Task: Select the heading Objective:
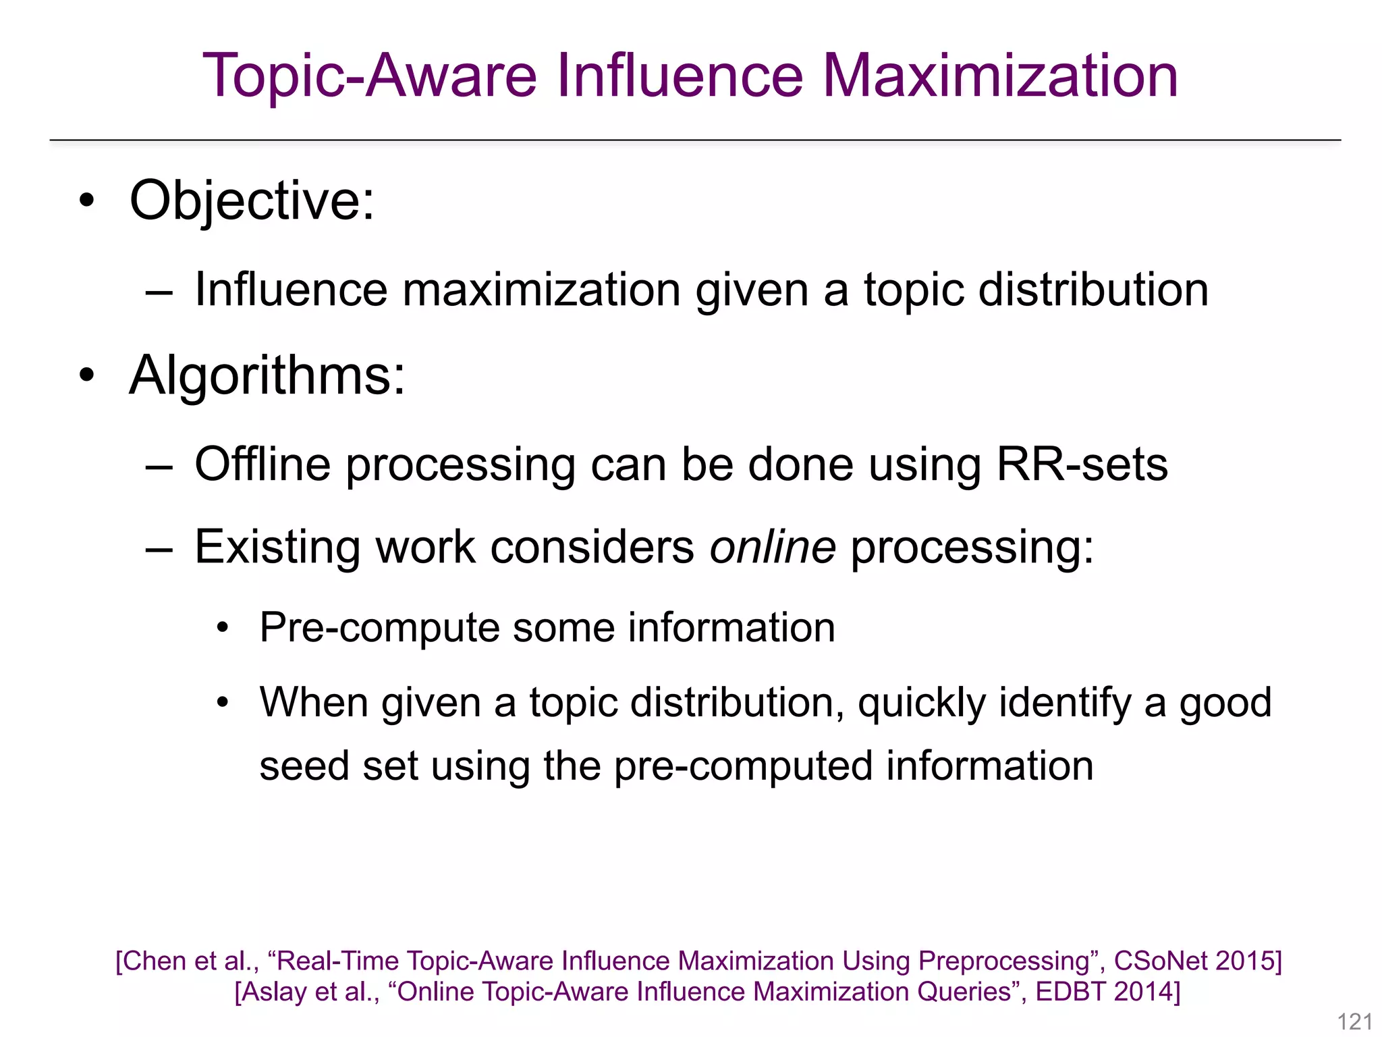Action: point(252,201)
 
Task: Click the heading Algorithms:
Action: point(267,375)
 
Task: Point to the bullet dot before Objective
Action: point(86,201)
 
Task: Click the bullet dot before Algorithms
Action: point(86,375)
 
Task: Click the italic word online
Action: point(773,546)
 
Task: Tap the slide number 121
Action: point(1354,1021)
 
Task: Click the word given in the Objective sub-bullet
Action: point(752,290)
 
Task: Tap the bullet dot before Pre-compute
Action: point(223,629)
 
